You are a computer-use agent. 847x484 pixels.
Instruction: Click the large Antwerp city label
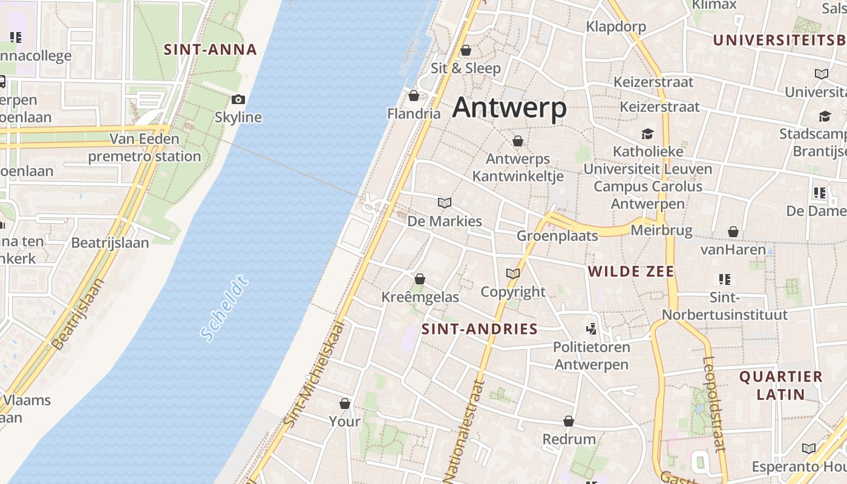coord(509,108)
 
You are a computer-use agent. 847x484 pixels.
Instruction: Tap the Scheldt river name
coord(224,309)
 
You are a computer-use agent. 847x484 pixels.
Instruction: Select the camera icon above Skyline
coord(238,100)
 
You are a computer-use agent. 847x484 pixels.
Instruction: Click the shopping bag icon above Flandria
coord(414,96)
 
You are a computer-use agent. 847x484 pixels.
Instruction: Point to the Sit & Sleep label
coord(465,68)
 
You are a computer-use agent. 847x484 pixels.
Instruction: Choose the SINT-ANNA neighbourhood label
coord(210,50)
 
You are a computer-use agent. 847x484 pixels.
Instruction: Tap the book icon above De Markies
coord(445,203)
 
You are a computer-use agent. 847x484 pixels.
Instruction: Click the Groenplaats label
coord(557,235)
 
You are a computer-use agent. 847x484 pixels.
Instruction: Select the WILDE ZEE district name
coord(630,272)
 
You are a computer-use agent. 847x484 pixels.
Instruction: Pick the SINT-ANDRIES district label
coord(479,329)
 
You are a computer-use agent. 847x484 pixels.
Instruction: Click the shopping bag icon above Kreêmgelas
coord(420,279)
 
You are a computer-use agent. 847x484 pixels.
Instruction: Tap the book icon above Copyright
coord(513,273)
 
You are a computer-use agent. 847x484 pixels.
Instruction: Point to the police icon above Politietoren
coord(592,329)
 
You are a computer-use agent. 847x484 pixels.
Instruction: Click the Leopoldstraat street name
coord(714,404)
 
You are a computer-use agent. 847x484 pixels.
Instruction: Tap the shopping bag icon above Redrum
coord(569,420)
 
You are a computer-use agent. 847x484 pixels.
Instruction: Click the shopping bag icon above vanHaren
coord(733,232)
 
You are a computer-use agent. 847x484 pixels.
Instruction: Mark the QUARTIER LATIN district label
coord(781,385)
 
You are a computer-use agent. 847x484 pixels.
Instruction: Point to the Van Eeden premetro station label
coord(145,148)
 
